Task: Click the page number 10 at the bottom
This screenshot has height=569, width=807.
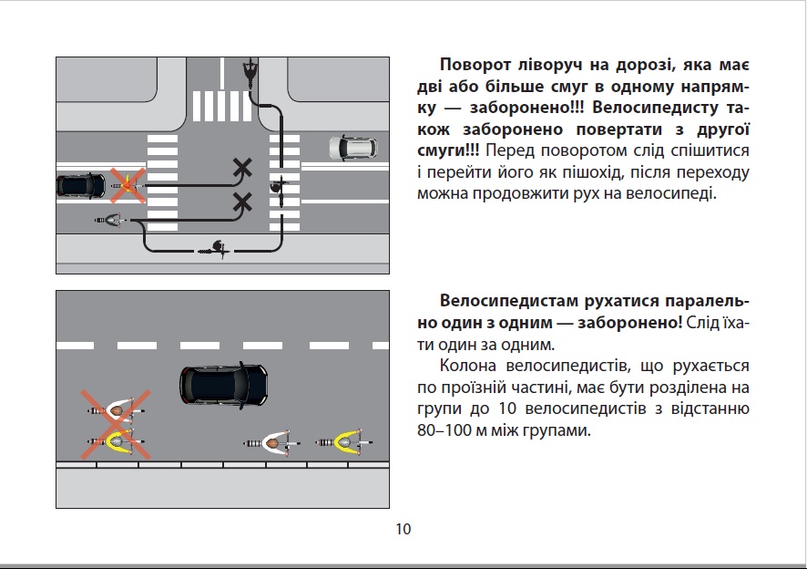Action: tap(403, 529)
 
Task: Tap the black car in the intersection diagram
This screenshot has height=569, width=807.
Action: tap(81, 185)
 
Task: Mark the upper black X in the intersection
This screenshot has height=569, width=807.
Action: tap(242, 167)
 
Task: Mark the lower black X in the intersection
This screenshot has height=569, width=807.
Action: tap(242, 202)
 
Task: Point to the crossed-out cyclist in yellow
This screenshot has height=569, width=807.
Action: tap(117, 442)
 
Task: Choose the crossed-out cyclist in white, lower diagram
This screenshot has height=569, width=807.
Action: tap(117, 411)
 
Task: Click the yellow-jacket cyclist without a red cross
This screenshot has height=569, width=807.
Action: tap(345, 442)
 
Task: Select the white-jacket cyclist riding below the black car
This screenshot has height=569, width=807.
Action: tap(272, 443)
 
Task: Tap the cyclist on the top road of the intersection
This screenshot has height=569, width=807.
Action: tap(250, 68)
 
